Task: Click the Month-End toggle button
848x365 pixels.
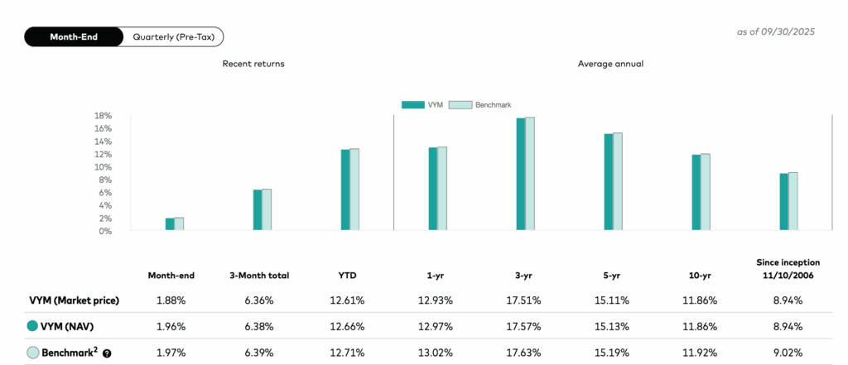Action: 75,37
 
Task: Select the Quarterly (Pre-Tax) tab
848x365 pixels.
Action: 173,37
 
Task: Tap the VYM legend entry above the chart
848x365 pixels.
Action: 424,105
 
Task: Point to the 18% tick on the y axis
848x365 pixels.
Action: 104,116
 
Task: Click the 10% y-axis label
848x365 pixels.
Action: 104,167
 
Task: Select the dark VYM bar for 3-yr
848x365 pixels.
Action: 521,174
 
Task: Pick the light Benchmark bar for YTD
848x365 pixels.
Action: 354,190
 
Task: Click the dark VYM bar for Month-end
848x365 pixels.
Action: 170,224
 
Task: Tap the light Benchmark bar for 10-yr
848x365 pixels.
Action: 705,192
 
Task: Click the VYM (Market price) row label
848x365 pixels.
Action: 75,300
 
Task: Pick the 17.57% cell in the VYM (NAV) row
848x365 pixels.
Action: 520,326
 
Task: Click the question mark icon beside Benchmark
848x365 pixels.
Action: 107,353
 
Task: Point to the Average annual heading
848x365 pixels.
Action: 610,64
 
